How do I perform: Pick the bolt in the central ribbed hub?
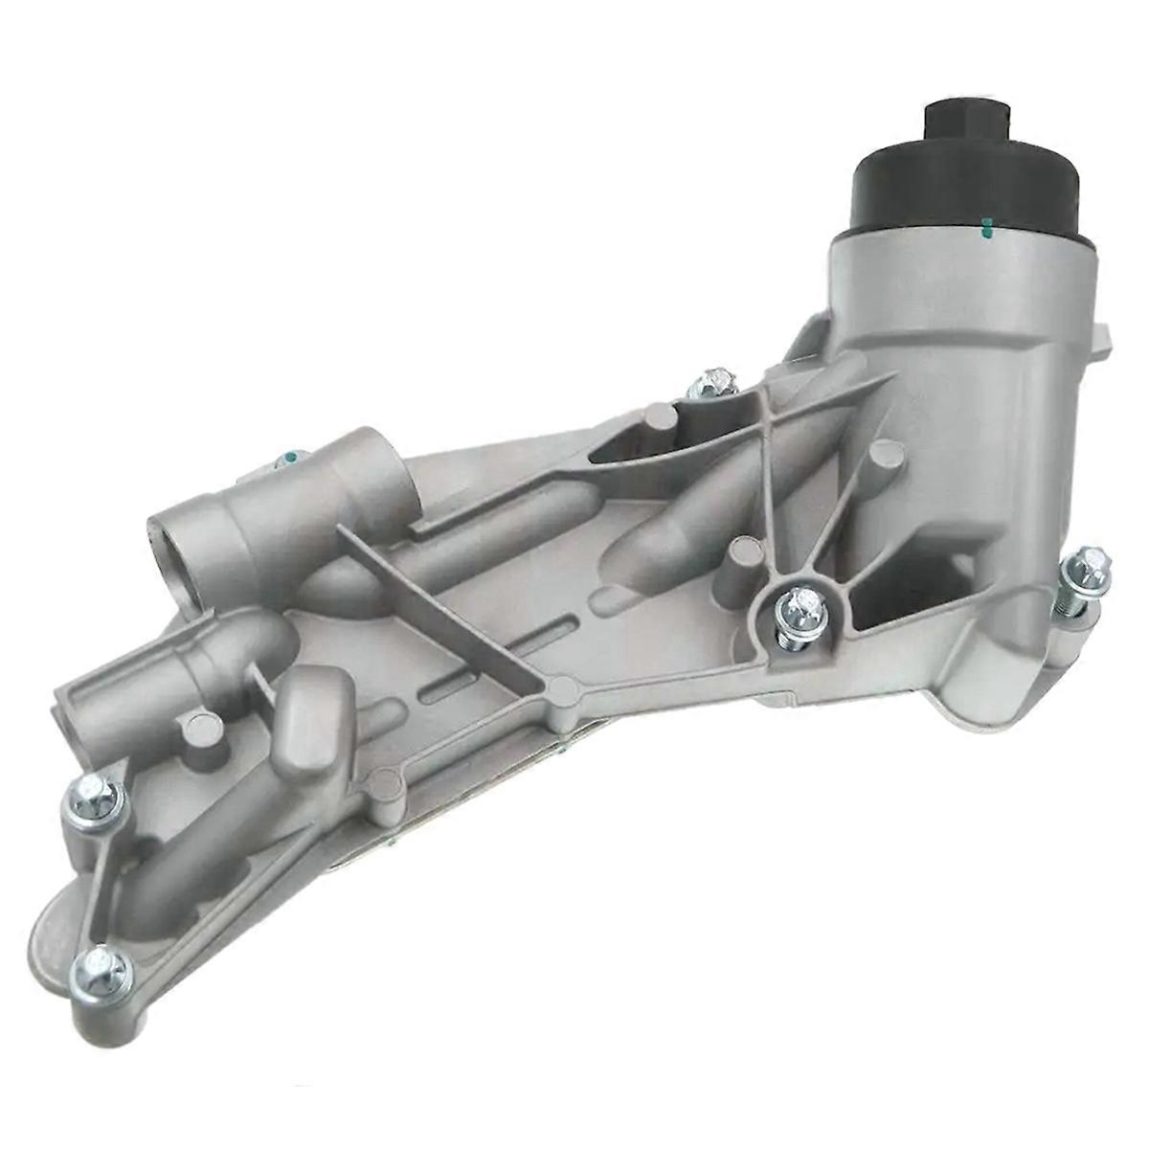800,609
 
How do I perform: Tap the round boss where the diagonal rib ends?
564,688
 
